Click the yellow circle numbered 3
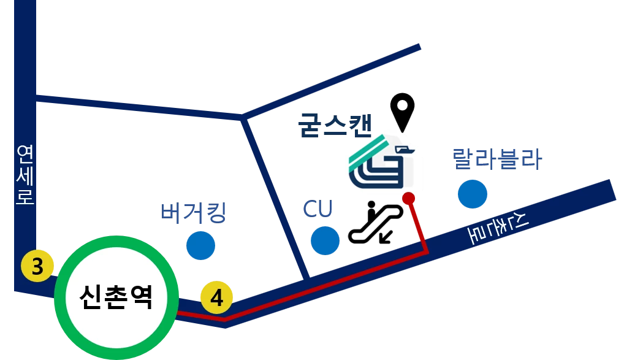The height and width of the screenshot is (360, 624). click(x=37, y=267)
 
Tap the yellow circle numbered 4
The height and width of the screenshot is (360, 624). click(x=217, y=297)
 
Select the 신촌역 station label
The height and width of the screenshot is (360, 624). click(x=116, y=299)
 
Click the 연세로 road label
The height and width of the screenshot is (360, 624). click(x=25, y=175)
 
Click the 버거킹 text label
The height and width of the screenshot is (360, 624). click(x=194, y=213)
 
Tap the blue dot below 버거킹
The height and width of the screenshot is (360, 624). click(x=200, y=245)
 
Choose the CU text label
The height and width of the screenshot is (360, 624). click(x=318, y=209)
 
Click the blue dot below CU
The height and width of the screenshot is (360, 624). click(x=325, y=240)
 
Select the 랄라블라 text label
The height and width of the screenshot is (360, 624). click(x=497, y=160)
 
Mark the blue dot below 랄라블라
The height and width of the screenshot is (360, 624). click(x=473, y=194)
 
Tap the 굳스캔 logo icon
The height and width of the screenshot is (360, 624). click(x=382, y=163)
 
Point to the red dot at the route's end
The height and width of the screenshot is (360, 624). click(x=409, y=198)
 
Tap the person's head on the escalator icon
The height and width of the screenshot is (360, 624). click(x=371, y=204)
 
